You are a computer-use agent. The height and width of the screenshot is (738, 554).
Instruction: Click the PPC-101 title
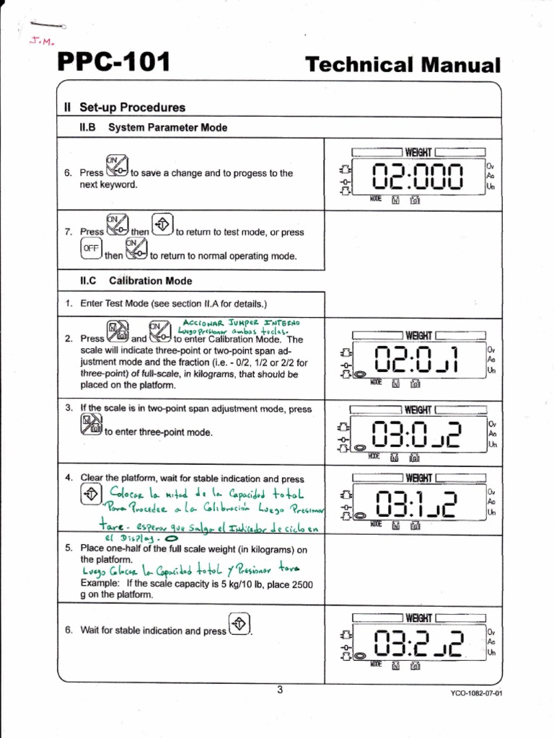coord(113,63)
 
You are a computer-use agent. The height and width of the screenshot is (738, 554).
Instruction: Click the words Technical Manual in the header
coord(403,65)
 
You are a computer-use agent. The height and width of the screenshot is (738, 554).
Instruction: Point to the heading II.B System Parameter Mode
coord(153,128)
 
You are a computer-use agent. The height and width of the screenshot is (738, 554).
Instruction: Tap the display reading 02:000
coord(415,177)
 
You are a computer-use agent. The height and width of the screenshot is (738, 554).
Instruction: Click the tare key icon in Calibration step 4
coord(91,494)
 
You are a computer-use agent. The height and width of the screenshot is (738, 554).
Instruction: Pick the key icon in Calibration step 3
coord(92,425)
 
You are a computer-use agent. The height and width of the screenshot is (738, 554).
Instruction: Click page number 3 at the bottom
coord(280,690)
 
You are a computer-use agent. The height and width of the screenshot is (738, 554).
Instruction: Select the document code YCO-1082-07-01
coord(475,693)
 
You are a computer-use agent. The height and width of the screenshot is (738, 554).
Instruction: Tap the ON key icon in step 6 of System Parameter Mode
coord(117,166)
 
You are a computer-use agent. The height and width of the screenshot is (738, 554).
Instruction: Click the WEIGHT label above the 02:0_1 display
coord(418,335)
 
